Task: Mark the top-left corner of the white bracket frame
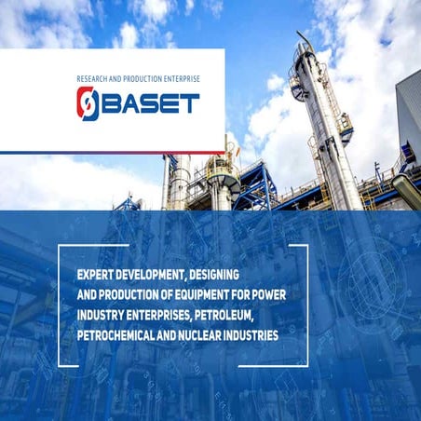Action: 61,246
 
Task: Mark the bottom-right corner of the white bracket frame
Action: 306,364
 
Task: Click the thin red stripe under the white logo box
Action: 112,153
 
